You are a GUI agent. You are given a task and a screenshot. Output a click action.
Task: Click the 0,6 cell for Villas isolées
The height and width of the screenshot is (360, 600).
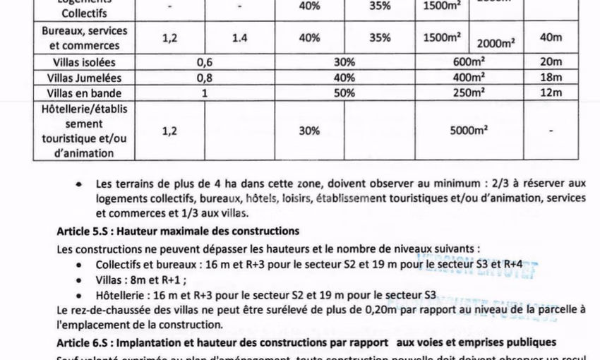(205, 62)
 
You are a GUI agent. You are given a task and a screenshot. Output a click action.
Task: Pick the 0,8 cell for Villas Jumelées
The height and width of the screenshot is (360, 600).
(205, 77)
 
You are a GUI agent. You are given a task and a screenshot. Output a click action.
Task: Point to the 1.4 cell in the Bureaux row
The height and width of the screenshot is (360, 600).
(240, 38)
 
